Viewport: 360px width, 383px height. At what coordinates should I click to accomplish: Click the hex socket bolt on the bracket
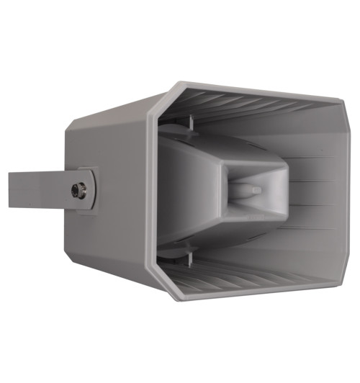pyautogui.click(x=77, y=190)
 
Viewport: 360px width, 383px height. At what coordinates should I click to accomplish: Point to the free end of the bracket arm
pyautogui.click(x=12, y=189)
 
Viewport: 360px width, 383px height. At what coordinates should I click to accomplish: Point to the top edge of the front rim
pyautogui.click(x=252, y=88)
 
